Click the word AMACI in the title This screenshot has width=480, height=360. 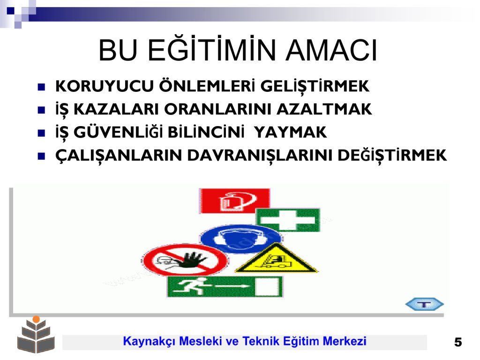[331, 51]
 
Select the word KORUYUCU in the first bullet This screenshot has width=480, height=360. [105, 86]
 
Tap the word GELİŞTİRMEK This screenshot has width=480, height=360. [315, 87]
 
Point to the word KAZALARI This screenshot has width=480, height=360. [116, 109]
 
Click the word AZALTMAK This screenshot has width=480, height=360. [324, 109]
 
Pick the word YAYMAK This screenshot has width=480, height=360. [290, 132]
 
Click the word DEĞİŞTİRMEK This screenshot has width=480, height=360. [392, 156]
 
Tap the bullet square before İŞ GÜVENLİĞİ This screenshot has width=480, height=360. [41, 133]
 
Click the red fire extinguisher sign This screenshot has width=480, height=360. [235, 201]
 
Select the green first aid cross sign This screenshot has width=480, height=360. [288, 220]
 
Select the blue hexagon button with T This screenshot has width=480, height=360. [424, 304]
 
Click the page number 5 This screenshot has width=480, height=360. [458, 342]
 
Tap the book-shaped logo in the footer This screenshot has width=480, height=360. [36, 335]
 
